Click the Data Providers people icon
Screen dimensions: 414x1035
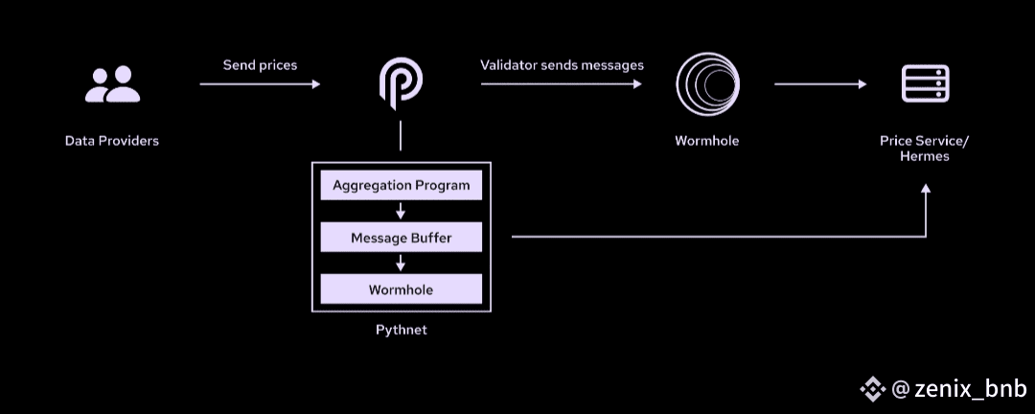pyautogui.click(x=112, y=84)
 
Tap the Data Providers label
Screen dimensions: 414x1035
pyautogui.click(x=112, y=141)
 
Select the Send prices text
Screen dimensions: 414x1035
pyautogui.click(x=260, y=65)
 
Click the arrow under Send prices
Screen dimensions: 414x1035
pyautogui.click(x=260, y=84)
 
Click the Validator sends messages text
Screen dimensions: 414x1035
pyautogui.click(x=562, y=65)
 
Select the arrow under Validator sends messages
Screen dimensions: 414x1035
pyautogui.click(x=562, y=84)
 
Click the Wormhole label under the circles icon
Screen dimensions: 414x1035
pyautogui.click(x=706, y=141)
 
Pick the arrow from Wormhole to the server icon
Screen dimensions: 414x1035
pyautogui.click(x=820, y=84)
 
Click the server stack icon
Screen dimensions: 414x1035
pyautogui.click(x=925, y=84)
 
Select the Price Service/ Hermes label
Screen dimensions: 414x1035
pyautogui.click(x=924, y=149)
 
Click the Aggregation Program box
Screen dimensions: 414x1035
pyautogui.click(x=401, y=185)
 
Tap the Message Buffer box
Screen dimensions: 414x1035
pyautogui.click(x=401, y=238)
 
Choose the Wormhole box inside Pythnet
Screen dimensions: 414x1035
pyautogui.click(x=401, y=289)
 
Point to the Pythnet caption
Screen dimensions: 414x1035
pyautogui.click(x=401, y=331)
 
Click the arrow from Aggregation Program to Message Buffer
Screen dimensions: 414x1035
pyautogui.click(x=401, y=211)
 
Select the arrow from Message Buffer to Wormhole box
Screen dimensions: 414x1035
pyautogui.click(x=401, y=264)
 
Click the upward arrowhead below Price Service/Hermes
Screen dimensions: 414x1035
pyautogui.click(x=925, y=191)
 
